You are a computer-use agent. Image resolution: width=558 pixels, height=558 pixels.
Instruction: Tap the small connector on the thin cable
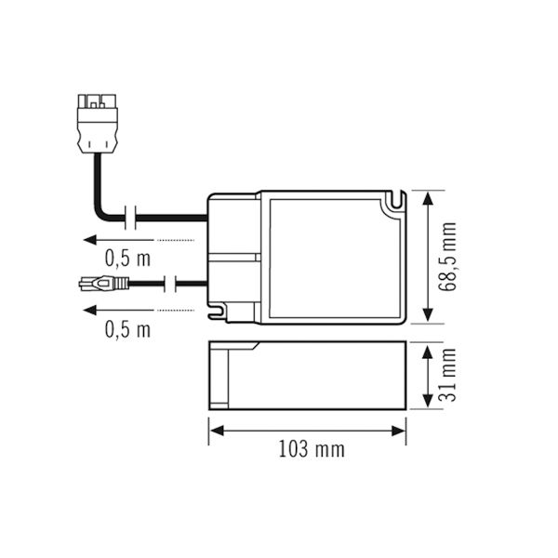pyautogui.click(x=100, y=282)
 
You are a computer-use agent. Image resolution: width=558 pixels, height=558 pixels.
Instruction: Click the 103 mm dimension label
pyautogui.click(x=312, y=450)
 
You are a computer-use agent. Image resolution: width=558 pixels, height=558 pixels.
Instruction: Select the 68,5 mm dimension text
pyautogui.click(x=449, y=258)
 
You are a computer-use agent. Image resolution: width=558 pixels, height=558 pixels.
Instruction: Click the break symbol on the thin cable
pyautogui.click(x=171, y=282)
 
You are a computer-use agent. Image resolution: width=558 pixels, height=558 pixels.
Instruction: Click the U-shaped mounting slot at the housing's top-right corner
pyautogui.click(x=398, y=200)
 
